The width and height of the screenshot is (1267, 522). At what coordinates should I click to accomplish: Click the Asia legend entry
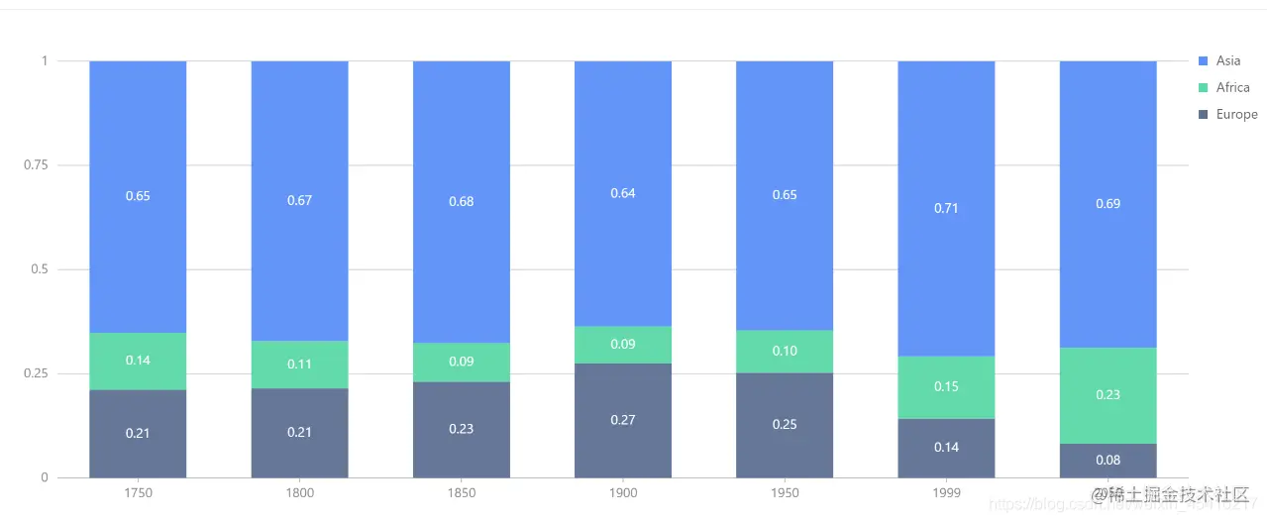click(1227, 61)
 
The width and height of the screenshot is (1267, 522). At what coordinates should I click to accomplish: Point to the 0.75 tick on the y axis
click(35, 165)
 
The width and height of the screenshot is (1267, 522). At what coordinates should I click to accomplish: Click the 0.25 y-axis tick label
click(35, 373)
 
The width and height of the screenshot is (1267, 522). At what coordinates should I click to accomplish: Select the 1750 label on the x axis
click(138, 493)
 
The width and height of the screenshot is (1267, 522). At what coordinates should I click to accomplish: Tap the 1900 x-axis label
click(623, 493)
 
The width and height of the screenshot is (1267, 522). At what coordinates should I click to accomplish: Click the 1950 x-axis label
click(785, 493)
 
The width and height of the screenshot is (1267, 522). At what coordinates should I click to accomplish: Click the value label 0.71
click(946, 209)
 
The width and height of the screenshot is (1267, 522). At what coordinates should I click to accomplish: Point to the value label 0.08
click(1109, 461)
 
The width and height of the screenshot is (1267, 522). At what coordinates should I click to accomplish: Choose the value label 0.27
click(623, 420)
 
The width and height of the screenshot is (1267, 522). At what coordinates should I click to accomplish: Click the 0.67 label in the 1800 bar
click(299, 200)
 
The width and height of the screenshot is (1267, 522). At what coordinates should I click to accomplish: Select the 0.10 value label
click(785, 352)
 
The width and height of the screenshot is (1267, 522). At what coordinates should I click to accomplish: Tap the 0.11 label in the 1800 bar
click(299, 365)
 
